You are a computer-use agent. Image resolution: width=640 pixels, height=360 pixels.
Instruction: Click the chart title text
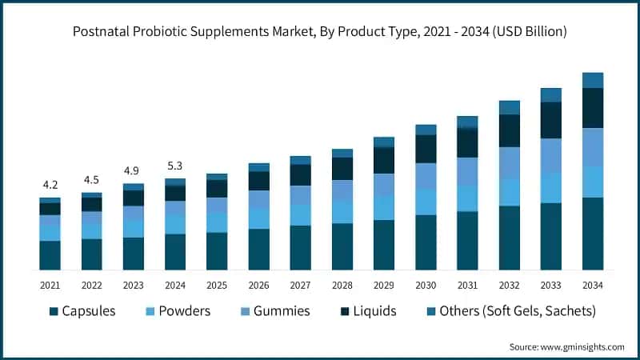click(x=320, y=32)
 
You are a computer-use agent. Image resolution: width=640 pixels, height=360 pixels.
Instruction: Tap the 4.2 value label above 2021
click(x=50, y=184)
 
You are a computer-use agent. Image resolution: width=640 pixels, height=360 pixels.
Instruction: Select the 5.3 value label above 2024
click(x=175, y=166)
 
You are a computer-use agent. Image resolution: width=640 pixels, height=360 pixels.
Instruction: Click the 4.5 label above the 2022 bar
click(x=91, y=179)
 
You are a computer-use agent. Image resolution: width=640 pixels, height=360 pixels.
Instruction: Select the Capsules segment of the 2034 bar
click(x=592, y=234)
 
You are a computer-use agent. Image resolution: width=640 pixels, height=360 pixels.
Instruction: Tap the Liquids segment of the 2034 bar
click(x=592, y=108)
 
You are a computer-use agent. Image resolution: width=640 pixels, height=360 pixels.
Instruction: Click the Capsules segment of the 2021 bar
click(x=50, y=255)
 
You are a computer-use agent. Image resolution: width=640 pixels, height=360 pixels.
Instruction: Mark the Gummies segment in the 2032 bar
click(x=509, y=162)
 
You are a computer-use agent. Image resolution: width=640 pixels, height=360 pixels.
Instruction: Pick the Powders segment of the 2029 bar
click(x=384, y=208)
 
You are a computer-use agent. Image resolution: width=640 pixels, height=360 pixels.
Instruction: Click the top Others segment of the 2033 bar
click(x=550, y=95)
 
